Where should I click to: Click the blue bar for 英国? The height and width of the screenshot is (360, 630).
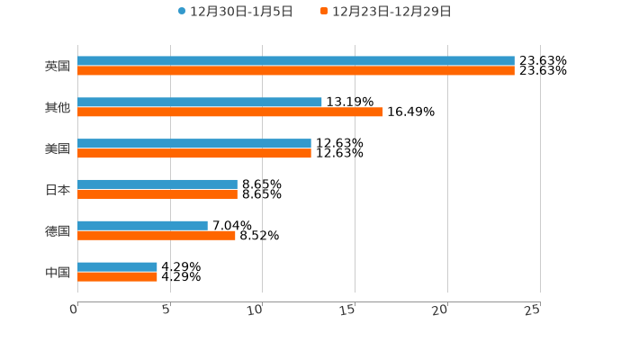coord(296,61)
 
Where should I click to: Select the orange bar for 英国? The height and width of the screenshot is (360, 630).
coord(296,70)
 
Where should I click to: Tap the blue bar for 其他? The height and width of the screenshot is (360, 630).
coord(200,103)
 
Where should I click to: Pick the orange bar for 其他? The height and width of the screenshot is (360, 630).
coord(230,112)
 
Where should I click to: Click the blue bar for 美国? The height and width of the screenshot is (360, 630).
coord(194,144)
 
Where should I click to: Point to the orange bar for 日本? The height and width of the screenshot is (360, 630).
coord(157,193)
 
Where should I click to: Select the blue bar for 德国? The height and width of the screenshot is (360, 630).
coord(142,226)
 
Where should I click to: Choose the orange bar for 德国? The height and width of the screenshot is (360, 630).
coord(157,235)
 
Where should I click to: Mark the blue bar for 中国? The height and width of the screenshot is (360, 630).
coord(117,267)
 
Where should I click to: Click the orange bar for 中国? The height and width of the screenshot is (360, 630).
coord(117,276)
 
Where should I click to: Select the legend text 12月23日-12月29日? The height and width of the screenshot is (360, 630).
coord(391,12)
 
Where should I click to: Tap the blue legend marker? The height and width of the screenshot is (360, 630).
coord(182,12)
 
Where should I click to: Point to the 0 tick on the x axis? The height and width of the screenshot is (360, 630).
coord(75,310)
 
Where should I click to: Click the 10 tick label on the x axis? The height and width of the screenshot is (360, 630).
coord(257,310)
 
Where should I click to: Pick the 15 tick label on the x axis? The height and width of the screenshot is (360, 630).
coord(350,310)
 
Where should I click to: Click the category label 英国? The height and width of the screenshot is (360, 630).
coord(57,67)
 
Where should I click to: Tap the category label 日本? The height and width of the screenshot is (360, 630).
coord(57,190)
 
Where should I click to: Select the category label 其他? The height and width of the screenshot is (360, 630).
coord(57,108)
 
